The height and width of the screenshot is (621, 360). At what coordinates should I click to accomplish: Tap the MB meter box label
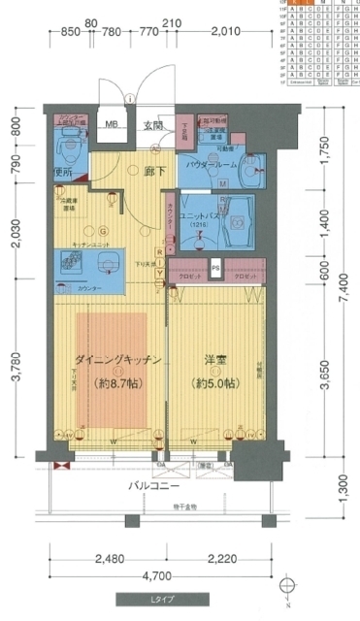(x=111, y=124)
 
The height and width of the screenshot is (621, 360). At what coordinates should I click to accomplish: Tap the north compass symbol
(x=286, y=589)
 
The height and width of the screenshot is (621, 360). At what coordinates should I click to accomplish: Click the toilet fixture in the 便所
(x=68, y=147)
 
